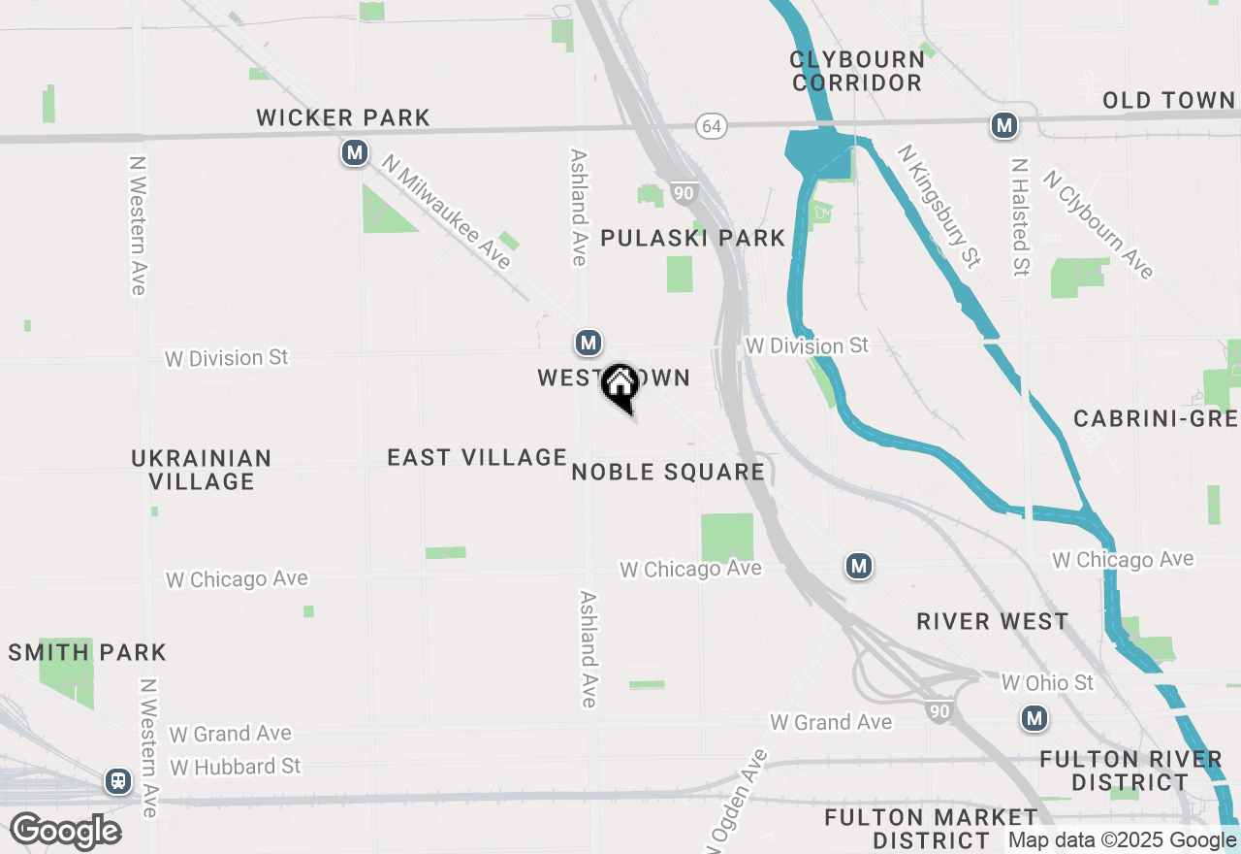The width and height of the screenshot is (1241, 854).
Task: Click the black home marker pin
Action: click(620, 386)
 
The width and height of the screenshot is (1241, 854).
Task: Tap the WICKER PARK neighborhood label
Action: click(343, 118)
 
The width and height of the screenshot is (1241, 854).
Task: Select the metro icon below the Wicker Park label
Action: click(355, 152)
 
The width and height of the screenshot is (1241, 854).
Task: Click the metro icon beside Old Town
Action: click(1003, 125)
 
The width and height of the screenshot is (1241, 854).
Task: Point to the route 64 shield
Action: click(711, 126)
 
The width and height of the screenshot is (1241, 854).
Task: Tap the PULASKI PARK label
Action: click(692, 238)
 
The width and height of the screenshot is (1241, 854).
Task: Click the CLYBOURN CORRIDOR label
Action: click(857, 71)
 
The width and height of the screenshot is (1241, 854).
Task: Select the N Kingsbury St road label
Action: click(939, 206)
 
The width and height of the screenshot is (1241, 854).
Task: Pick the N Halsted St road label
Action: click(1019, 217)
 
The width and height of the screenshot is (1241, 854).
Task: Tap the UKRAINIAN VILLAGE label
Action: click(202, 469)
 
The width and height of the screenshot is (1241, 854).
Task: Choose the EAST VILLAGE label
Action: click(477, 457)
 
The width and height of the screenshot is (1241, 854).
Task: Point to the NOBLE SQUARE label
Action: click(668, 473)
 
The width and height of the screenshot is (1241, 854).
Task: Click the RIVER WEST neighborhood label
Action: click(993, 621)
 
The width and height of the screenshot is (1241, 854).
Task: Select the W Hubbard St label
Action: click(236, 767)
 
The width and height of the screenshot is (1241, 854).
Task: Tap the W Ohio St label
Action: click(1047, 683)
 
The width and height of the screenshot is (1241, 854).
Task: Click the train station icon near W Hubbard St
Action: click(118, 780)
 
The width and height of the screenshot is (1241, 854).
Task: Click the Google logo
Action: click(65, 831)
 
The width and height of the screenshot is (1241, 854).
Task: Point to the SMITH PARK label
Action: click(87, 652)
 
